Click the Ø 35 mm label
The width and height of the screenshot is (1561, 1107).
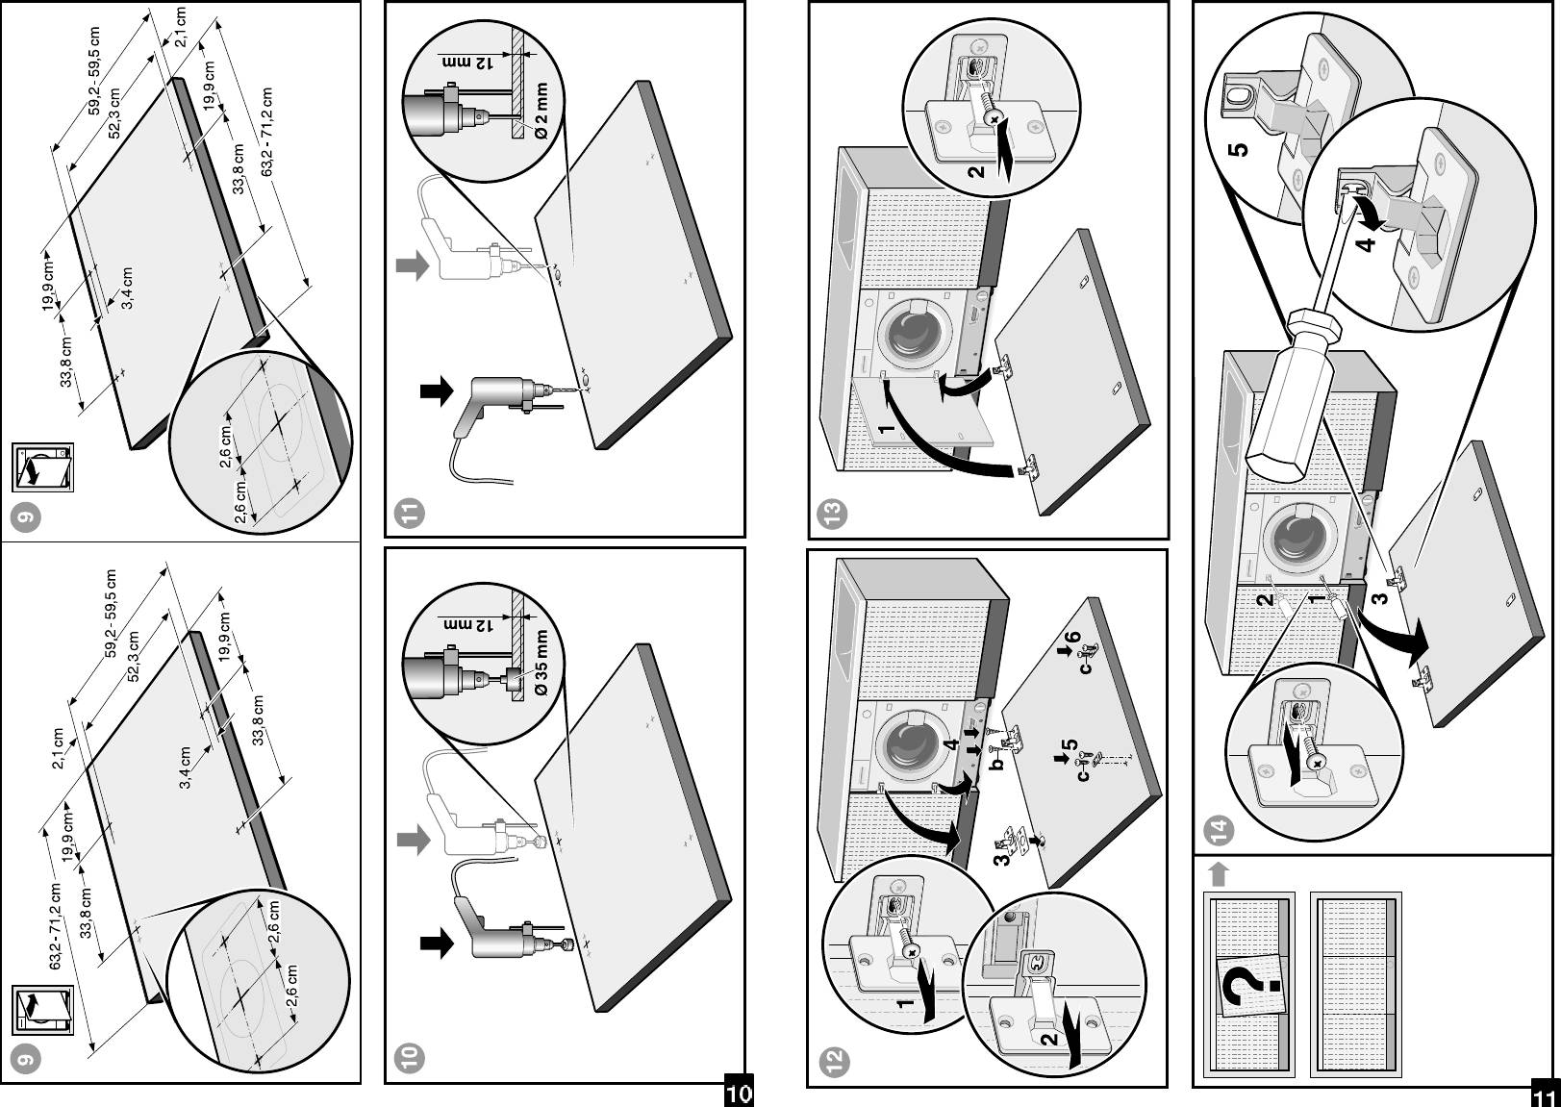(x=541, y=665)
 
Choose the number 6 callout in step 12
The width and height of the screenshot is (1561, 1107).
(x=1071, y=639)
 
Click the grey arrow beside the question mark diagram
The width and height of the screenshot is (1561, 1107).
(x=1218, y=873)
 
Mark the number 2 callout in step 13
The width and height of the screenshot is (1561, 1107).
(x=975, y=172)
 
